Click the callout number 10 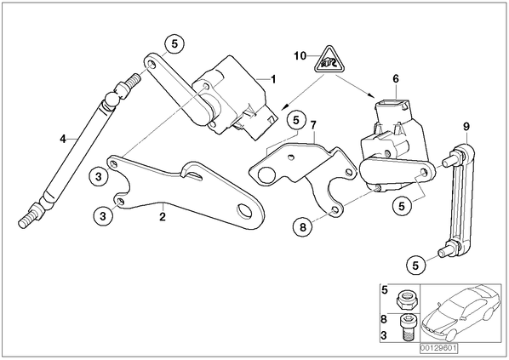point(300,56)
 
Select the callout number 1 point(273,79)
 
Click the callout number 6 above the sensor point(396,79)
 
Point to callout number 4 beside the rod point(63,139)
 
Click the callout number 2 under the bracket point(163,216)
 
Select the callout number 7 point(313,125)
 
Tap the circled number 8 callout point(303,227)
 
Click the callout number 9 point(466,127)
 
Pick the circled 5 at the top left point(174,43)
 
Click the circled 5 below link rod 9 point(416,266)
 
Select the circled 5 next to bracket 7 point(296,121)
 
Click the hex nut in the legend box point(405,300)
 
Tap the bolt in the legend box point(406,328)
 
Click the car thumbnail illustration point(461,312)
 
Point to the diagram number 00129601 point(438,348)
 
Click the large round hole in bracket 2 point(245,211)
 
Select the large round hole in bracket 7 point(266,175)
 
